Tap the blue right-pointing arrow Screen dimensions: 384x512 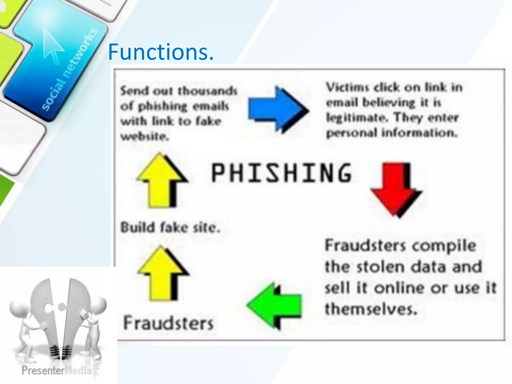(x=277, y=109)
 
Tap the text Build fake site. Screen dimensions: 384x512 (x=170, y=228)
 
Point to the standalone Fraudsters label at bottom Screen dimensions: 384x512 (x=168, y=323)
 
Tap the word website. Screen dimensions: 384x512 (x=144, y=136)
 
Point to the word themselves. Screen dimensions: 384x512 (x=371, y=309)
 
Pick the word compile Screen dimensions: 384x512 (x=444, y=246)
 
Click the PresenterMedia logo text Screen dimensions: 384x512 (x=56, y=370)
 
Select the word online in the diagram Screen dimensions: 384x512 (x=400, y=288)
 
